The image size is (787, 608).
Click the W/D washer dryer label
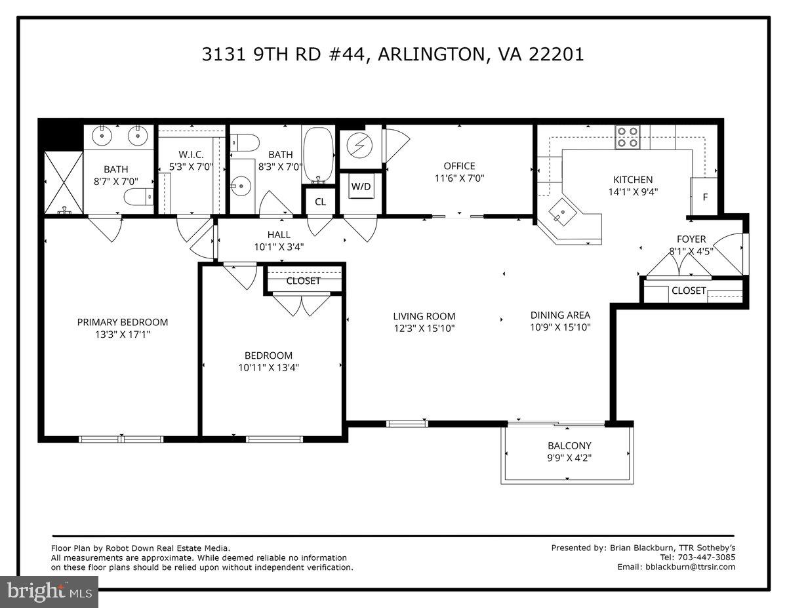(361, 186)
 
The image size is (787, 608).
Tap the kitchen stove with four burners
(628, 137)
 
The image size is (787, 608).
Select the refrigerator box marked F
(705, 196)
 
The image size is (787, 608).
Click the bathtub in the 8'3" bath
(319, 155)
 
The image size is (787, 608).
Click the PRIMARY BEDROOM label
(123, 322)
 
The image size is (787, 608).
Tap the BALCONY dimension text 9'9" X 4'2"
(569, 458)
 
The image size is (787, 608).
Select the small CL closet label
(320, 202)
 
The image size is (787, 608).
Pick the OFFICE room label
(459, 166)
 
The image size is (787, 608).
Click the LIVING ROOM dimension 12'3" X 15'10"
(424, 328)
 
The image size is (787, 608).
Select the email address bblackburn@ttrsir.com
(690, 567)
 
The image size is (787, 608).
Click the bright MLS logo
(49, 591)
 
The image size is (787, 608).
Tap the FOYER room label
(691, 239)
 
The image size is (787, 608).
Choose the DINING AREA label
(560, 315)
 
